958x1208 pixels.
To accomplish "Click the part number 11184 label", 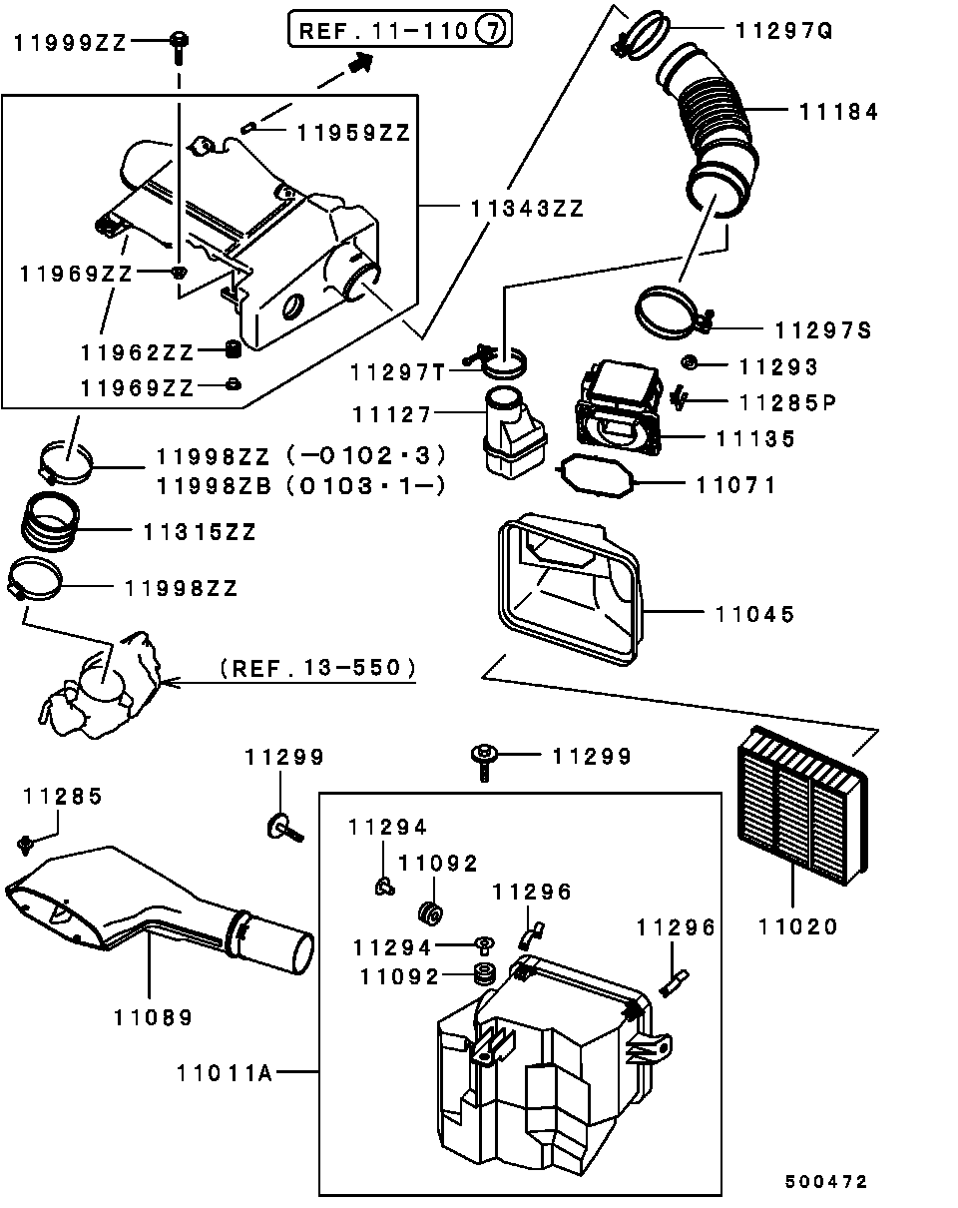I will pyautogui.click(x=838, y=112).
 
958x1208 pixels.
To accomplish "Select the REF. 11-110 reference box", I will pyautogui.click(x=400, y=30).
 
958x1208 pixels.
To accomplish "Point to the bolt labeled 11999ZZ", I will pyautogui.click(x=179, y=43).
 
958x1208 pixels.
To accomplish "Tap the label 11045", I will pyautogui.click(x=753, y=614).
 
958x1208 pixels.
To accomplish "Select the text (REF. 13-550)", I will pyautogui.click(x=316, y=667).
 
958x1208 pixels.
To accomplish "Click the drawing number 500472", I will pyautogui.click(x=825, y=1182).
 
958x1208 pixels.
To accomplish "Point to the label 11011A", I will pyautogui.click(x=225, y=1073).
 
